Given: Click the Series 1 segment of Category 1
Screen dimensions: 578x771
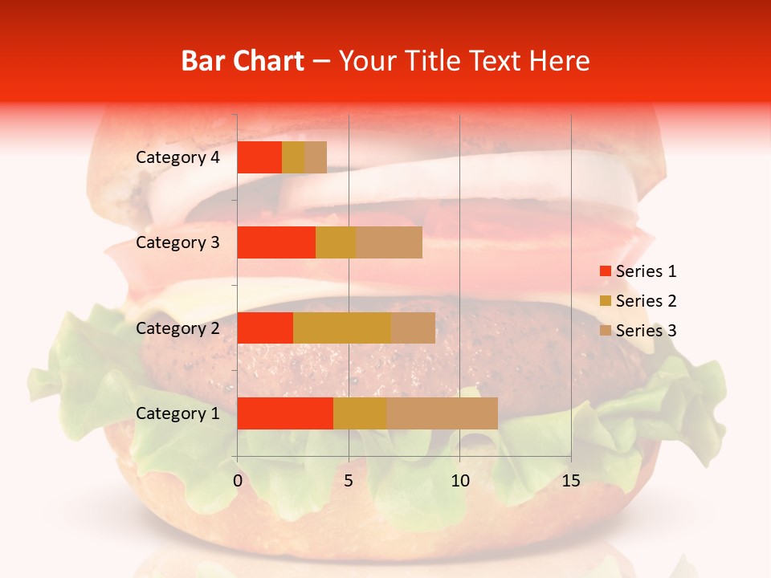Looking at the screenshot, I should [x=285, y=413].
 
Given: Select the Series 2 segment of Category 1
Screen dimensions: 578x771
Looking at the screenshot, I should [x=360, y=413].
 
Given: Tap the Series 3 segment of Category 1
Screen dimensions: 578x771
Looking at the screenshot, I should [x=442, y=413].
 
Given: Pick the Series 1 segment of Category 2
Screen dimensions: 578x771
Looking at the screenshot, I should [x=265, y=328].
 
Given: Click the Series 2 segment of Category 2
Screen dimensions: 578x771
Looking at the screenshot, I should [x=342, y=328].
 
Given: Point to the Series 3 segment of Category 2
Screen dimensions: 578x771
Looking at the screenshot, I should [x=413, y=328].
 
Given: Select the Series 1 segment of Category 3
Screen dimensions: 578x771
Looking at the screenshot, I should [x=276, y=242].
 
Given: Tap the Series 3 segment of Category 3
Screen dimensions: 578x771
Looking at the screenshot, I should [x=389, y=242].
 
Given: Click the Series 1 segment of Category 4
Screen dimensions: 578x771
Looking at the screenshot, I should [x=259, y=157].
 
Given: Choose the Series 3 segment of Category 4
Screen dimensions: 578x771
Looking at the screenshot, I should [x=316, y=157].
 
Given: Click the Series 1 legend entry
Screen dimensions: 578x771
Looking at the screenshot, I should [x=638, y=271].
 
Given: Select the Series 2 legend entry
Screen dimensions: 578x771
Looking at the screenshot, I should [x=638, y=301].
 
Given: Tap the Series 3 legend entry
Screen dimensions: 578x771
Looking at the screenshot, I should [x=638, y=331].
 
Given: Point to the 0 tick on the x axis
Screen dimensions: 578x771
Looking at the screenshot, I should [x=238, y=481].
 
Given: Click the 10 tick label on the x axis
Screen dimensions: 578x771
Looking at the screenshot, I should [x=459, y=481].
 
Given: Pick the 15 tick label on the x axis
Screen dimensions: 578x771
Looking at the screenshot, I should [x=571, y=481].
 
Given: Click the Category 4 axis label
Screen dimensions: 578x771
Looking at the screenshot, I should [x=177, y=157].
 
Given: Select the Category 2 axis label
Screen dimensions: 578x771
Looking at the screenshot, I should [x=177, y=328].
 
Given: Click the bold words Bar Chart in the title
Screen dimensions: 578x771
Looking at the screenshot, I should [x=243, y=61].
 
